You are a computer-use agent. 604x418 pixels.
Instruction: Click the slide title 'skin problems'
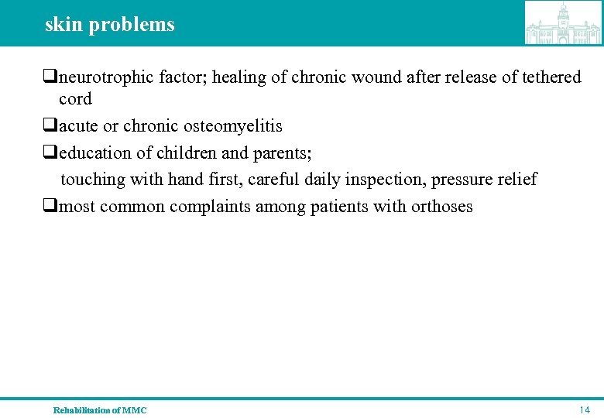pyautogui.click(x=109, y=24)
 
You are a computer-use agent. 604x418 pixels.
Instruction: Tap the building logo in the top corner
pyautogui.click(x=563, y=23)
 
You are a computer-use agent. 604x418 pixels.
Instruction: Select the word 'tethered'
pyautogui.click(x=549, y=77)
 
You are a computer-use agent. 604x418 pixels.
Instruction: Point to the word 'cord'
pyautogui.click(x=75, y=99)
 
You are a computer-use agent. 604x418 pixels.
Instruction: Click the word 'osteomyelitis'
pyautogui.click(x=232, y=125)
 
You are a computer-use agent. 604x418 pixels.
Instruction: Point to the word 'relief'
pyautogui.click(x=516, y=180)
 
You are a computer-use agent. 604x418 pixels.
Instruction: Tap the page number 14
pyautogui.click(x=585, y=409)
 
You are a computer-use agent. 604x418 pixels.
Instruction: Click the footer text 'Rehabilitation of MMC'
pyautogui.click(x=100, y=410)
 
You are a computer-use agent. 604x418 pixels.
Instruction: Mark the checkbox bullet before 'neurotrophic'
pyautogui.click(x=50, y=77)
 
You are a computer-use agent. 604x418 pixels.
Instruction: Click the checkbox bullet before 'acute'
pyautogui.click(x=50, y=125)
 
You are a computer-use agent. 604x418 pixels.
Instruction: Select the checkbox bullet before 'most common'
pyautogui.click(x=50, y=207)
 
